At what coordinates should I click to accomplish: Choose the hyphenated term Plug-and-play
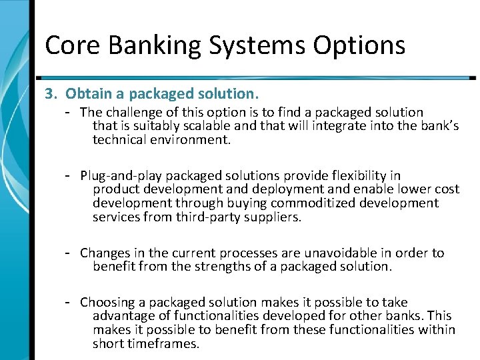pos(121,176)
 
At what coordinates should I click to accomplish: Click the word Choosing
pos(107,303)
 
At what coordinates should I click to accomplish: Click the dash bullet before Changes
pos(68,253)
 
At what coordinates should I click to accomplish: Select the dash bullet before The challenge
pos(68,112)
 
